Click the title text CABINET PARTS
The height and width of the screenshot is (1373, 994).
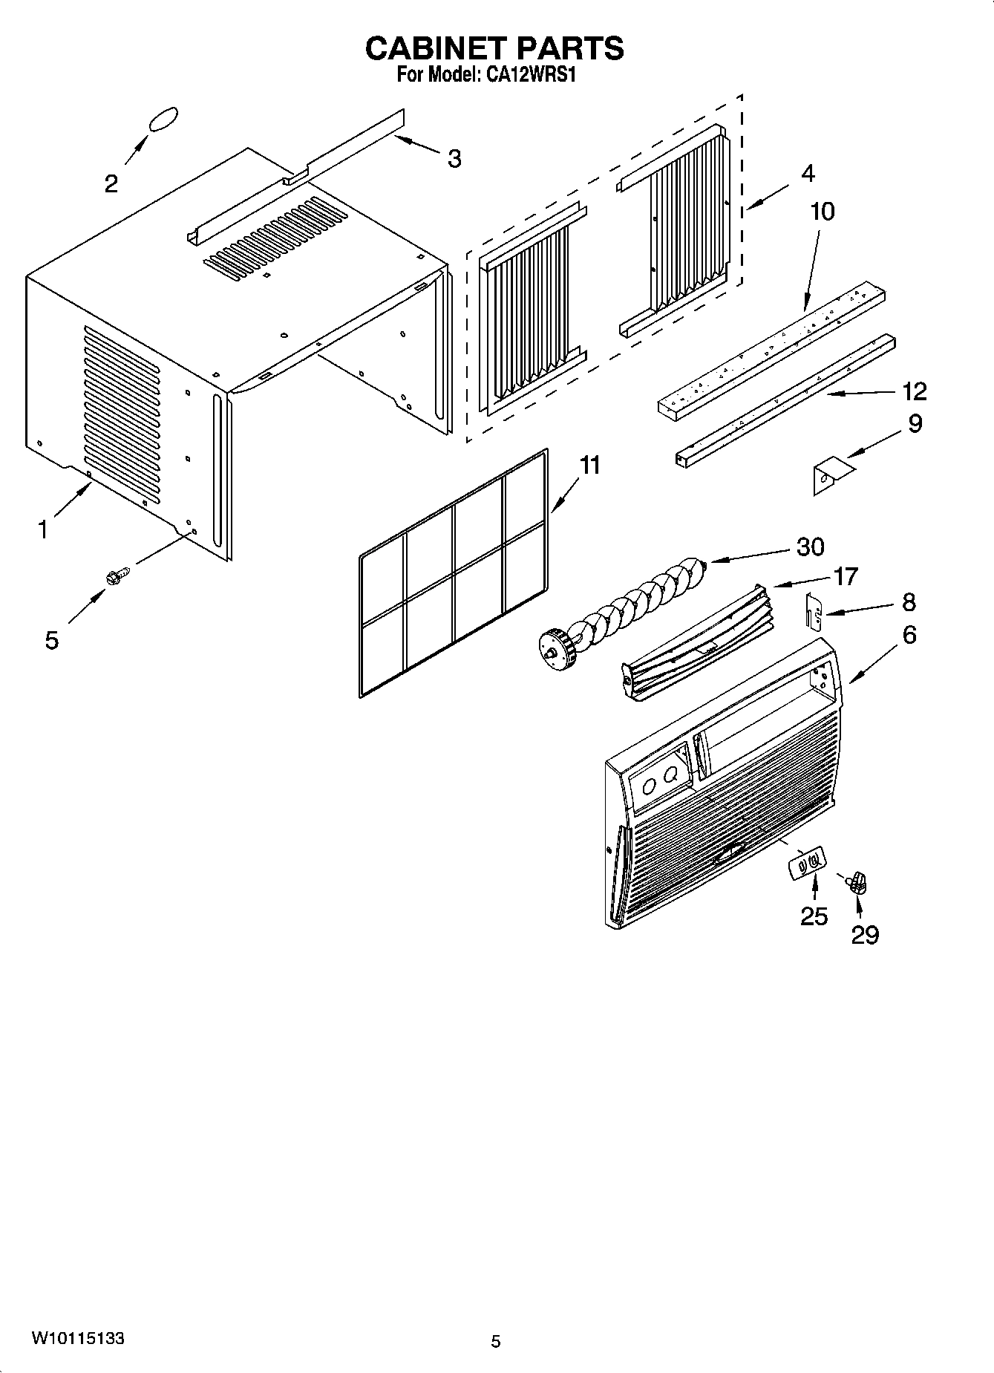[x=494, y=48]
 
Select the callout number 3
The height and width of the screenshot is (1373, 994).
[x=454, y=158]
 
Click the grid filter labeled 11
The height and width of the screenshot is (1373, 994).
[x=454, y=573]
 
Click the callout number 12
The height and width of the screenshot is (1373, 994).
[x=915, y=391]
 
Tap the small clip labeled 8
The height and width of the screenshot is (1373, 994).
[x=814, y=610]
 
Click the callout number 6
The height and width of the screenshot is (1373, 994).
[x=909, y=635]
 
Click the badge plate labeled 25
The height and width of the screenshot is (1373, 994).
[x=805, y=865]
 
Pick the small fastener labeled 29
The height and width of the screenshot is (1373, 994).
[x=859, y=883]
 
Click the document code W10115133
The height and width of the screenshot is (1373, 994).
[x=77, y=1339]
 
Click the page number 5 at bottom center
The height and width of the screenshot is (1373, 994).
[x=496, y=1341]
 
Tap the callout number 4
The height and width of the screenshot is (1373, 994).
[x=808, y=173]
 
